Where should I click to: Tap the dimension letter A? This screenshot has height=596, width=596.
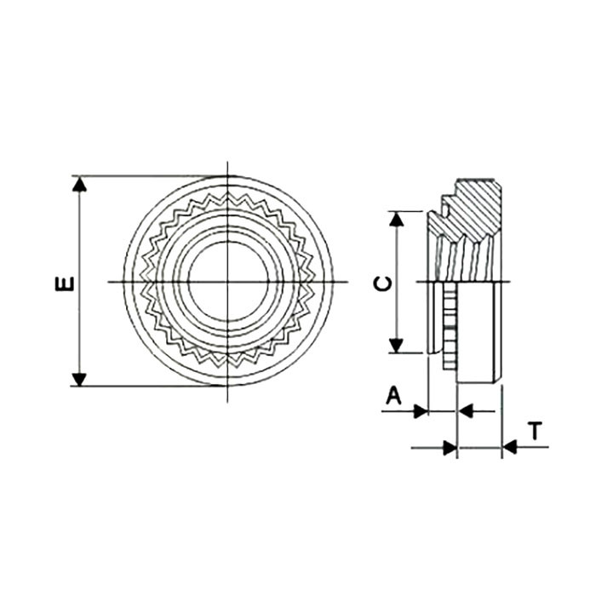click(x=393, y=395)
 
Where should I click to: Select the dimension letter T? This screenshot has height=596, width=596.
click(x=535, y=431)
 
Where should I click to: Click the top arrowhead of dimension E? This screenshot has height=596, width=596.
click(x=79, y=184)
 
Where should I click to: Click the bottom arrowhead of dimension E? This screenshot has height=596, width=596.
click(x=79, y=380)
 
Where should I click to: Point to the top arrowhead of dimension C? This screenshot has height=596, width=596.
click(x=397, y=219)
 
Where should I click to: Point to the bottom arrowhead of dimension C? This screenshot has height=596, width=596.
click(x=397, y=346)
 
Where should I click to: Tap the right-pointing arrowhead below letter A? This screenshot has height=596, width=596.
click(x=421, y=411)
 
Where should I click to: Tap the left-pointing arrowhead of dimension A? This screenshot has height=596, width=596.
click(x=465, y=411)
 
